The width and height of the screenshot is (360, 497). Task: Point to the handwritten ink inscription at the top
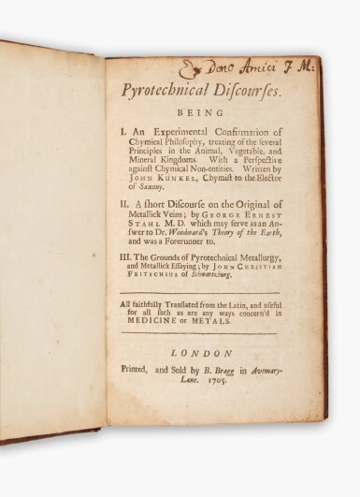pos(248,67)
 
